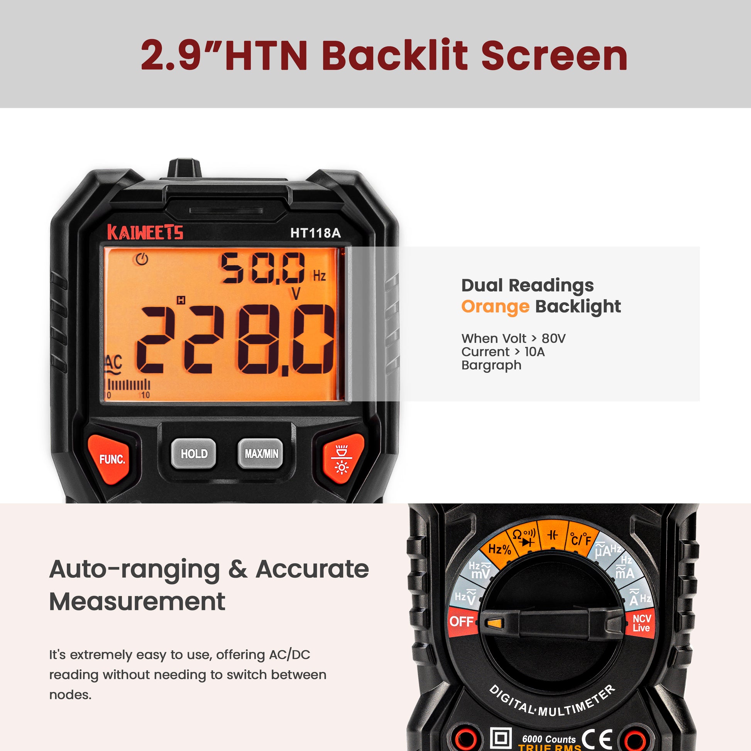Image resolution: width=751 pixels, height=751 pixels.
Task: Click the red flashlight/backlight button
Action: coord(341,460)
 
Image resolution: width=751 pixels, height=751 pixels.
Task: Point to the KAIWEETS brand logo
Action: coord(145,233)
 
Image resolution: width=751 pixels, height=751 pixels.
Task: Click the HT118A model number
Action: coord(315,233)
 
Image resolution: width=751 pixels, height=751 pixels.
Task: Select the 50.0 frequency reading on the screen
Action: coord(263,268)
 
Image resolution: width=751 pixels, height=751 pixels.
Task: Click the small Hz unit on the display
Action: coord(319,276)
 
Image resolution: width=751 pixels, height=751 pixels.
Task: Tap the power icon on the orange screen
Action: coord(142,259)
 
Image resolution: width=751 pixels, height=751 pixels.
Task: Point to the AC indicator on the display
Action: coord(113,364)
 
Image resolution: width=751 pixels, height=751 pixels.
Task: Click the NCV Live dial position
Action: coord(641,623)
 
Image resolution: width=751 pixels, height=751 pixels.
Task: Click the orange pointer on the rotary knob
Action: coord(494,624)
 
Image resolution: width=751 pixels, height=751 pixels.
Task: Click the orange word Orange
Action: coord(495,307)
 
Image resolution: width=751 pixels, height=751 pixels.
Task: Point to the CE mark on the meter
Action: coord(597,738)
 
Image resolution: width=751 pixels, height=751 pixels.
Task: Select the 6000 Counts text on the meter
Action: coord(548,739)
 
